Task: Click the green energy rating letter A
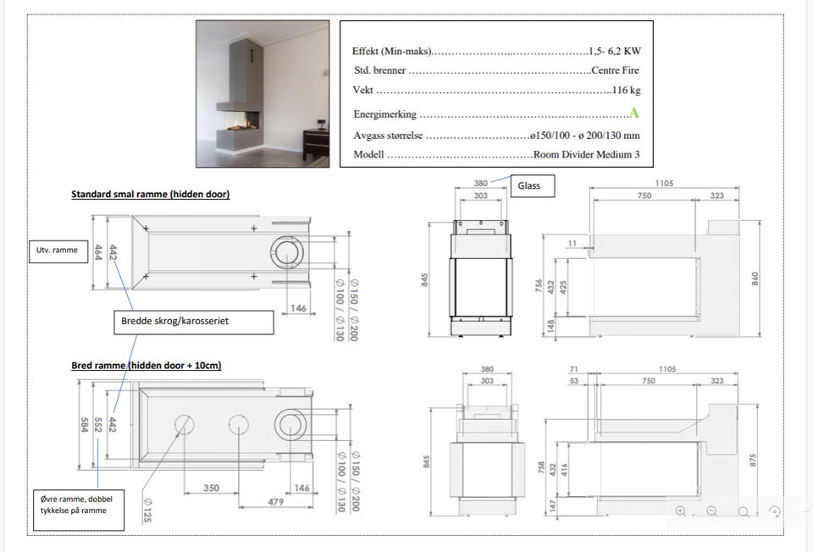pos(633,113)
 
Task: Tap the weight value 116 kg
pos(627,90)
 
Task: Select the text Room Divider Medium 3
pos(586,154)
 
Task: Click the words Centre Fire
pos(615,70)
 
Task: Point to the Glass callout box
pos(533,185)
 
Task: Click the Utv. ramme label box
pos(58,251)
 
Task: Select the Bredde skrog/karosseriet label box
pos(193,322)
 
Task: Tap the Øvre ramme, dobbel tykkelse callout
pos(79,510)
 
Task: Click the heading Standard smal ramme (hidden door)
pos(151,195)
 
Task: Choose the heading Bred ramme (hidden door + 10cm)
pos(147,366)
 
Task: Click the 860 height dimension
pos(755,279)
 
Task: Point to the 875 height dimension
pos(753,460)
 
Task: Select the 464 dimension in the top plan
pos(98,252)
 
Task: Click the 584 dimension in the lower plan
pos(84,425)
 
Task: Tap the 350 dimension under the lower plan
pos(211,488)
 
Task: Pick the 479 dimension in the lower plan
pos(276,502)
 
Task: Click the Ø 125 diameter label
pos(147,510)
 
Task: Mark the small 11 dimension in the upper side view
pos(572,243)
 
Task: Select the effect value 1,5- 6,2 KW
pos(615,51)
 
